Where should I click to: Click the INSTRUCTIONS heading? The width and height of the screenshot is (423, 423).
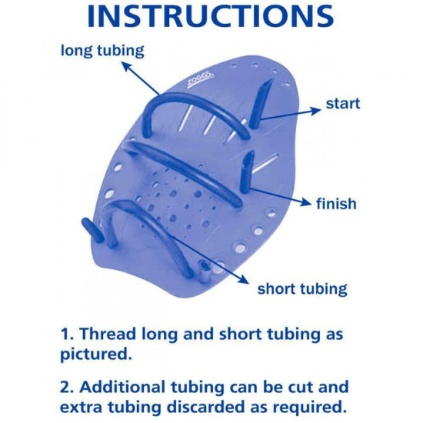click(x=210, y=16)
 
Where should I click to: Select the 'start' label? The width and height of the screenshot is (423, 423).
click(x=342, y=102)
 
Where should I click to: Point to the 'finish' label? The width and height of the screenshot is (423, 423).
click(x=336, y=204)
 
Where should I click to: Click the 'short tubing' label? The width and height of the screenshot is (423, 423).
click(x=302, y=289)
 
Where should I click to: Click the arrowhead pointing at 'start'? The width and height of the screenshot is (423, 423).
click(x=315, y=110)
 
